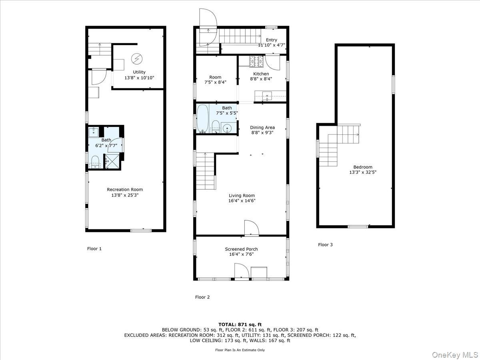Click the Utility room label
click(x=139, y=72)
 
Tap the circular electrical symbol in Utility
click(x=137, y=59)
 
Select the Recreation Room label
click(x=125, y=190)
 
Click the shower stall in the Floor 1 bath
click(x=112, y=162)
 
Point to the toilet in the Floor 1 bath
click(x=95, y=162)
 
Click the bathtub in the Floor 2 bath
click(x=202, y=118)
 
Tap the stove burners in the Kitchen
click(x=256, y=62)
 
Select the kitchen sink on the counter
click(x=267, y=96)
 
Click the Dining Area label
click(x=262, y=128)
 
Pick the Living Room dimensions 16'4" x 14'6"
click(x=242, y=201)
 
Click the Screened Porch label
click(x=241, y=249)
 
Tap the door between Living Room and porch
click(x=252, y=228)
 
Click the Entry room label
click(x=271, y=40)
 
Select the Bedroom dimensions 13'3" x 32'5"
click(x=363, y=172)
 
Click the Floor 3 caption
click(x=325, y=244)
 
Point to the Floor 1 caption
click(x=94, y=248)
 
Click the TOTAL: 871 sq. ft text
click(x=240, y=324)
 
